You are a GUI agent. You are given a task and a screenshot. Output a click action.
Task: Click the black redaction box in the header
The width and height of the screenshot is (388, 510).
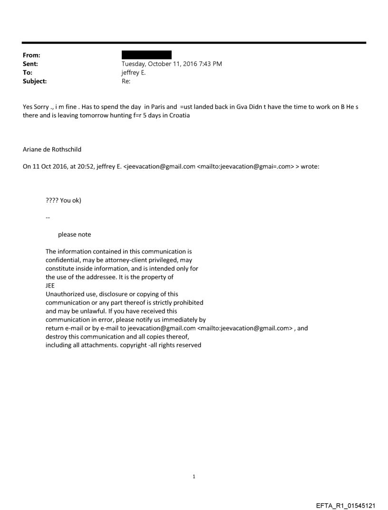click(146, 55)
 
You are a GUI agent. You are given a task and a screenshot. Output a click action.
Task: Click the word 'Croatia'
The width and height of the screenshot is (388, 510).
click(179, 115)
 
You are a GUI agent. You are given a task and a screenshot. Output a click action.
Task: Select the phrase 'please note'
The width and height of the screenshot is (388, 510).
click(74, 234)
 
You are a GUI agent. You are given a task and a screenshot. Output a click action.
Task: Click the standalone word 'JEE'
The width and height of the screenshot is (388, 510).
click(50, 286)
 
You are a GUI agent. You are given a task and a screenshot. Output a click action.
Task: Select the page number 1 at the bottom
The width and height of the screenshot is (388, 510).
click(194, 476)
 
